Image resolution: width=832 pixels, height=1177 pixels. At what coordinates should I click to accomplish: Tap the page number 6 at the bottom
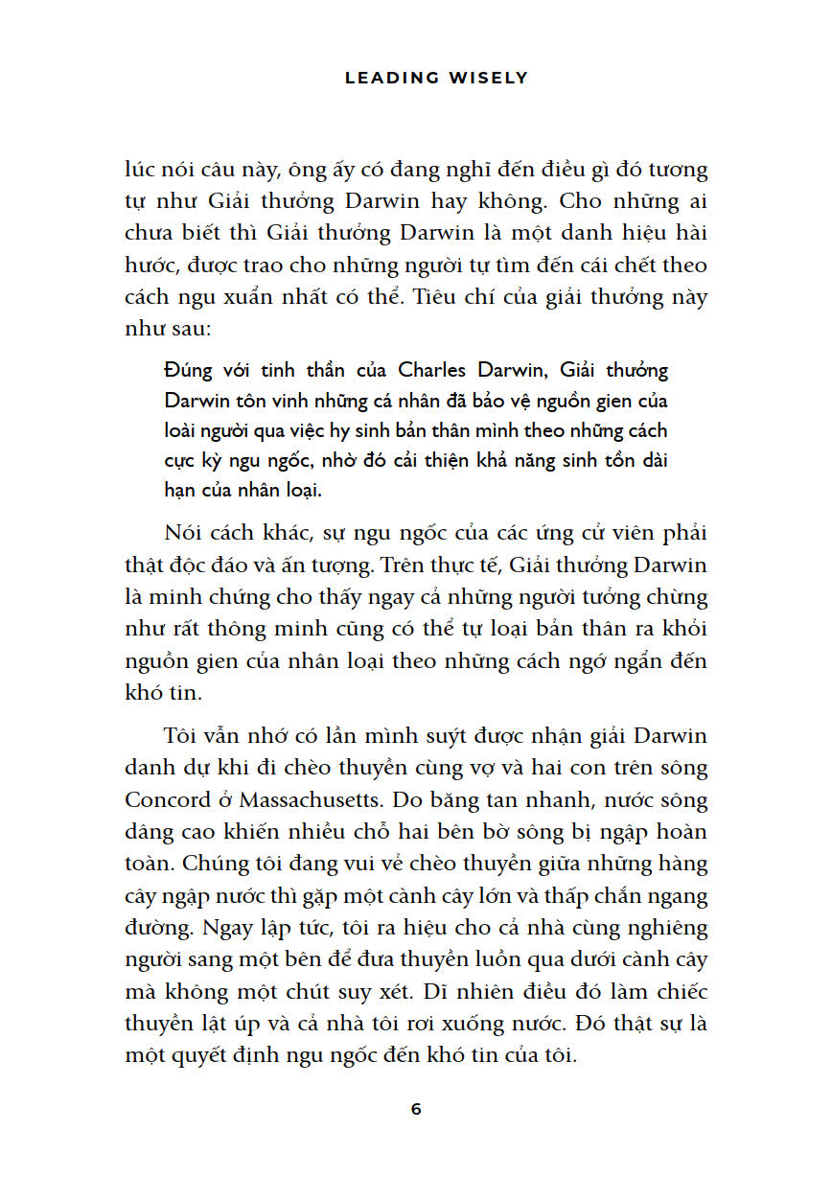pos(416,1110)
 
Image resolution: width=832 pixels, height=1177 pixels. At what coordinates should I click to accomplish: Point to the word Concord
pos(163,801)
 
